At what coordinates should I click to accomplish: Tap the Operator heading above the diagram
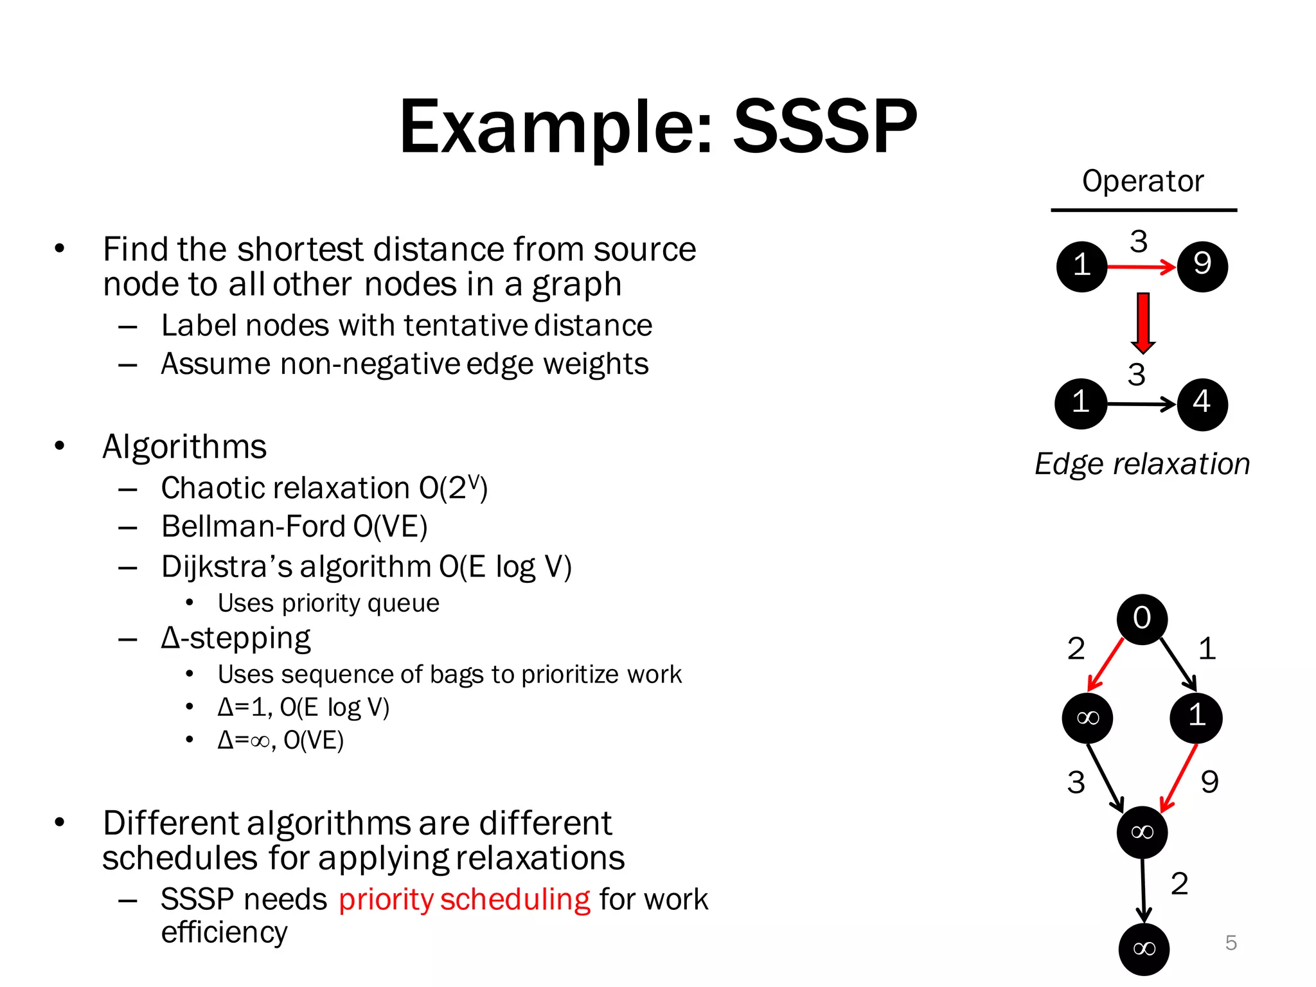coord(1143,181)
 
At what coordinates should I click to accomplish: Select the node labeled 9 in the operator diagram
coord(1202,265)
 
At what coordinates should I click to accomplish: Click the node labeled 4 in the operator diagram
coord(1202,404)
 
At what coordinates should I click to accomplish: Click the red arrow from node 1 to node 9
coord(1141,266)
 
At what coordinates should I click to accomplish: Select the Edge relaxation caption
coord(1142,464)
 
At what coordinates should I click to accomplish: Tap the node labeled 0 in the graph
coord(1142,618)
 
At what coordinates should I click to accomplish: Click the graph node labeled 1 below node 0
coord(1196,716)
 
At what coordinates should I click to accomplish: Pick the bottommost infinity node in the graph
coord(1144,948)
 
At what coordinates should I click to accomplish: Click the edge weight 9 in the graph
coord(1209,782)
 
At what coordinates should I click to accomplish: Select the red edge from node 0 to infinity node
coord(1106,664)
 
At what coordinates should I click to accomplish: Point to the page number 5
coord(1231,943)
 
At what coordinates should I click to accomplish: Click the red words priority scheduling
coord(464,899)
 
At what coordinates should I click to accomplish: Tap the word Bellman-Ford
coord(253,526)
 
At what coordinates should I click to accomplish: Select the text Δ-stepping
coord(236,638)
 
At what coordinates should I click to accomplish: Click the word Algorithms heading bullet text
coord(184,447)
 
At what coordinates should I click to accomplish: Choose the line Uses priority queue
coord(328,603)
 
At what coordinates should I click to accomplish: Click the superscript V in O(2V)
coord(474,480)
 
